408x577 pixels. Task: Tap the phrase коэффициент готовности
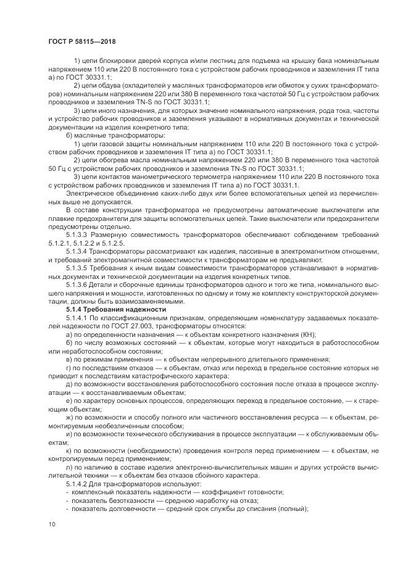click(247, 491)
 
